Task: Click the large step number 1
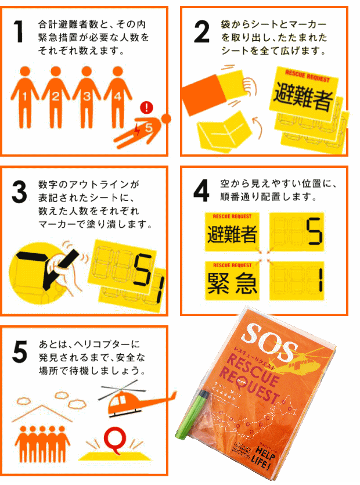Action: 19,33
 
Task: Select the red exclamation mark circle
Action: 148,107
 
